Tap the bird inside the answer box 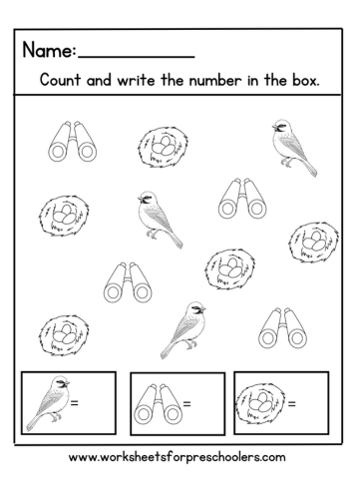[50, 404]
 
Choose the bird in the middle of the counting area [159, 218]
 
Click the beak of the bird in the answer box [67, 383]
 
